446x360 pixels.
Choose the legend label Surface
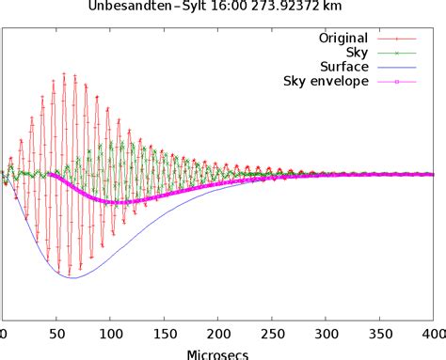tap(343, 67)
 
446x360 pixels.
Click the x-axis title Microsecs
tap(217, 354)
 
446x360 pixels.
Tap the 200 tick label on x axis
tap(217, 335)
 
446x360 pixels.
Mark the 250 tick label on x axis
tap(271, 335)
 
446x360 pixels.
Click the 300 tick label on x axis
tap(326, 335)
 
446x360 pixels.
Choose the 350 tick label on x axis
tap(379, 335)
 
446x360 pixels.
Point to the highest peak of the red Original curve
tap(64, 71)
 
